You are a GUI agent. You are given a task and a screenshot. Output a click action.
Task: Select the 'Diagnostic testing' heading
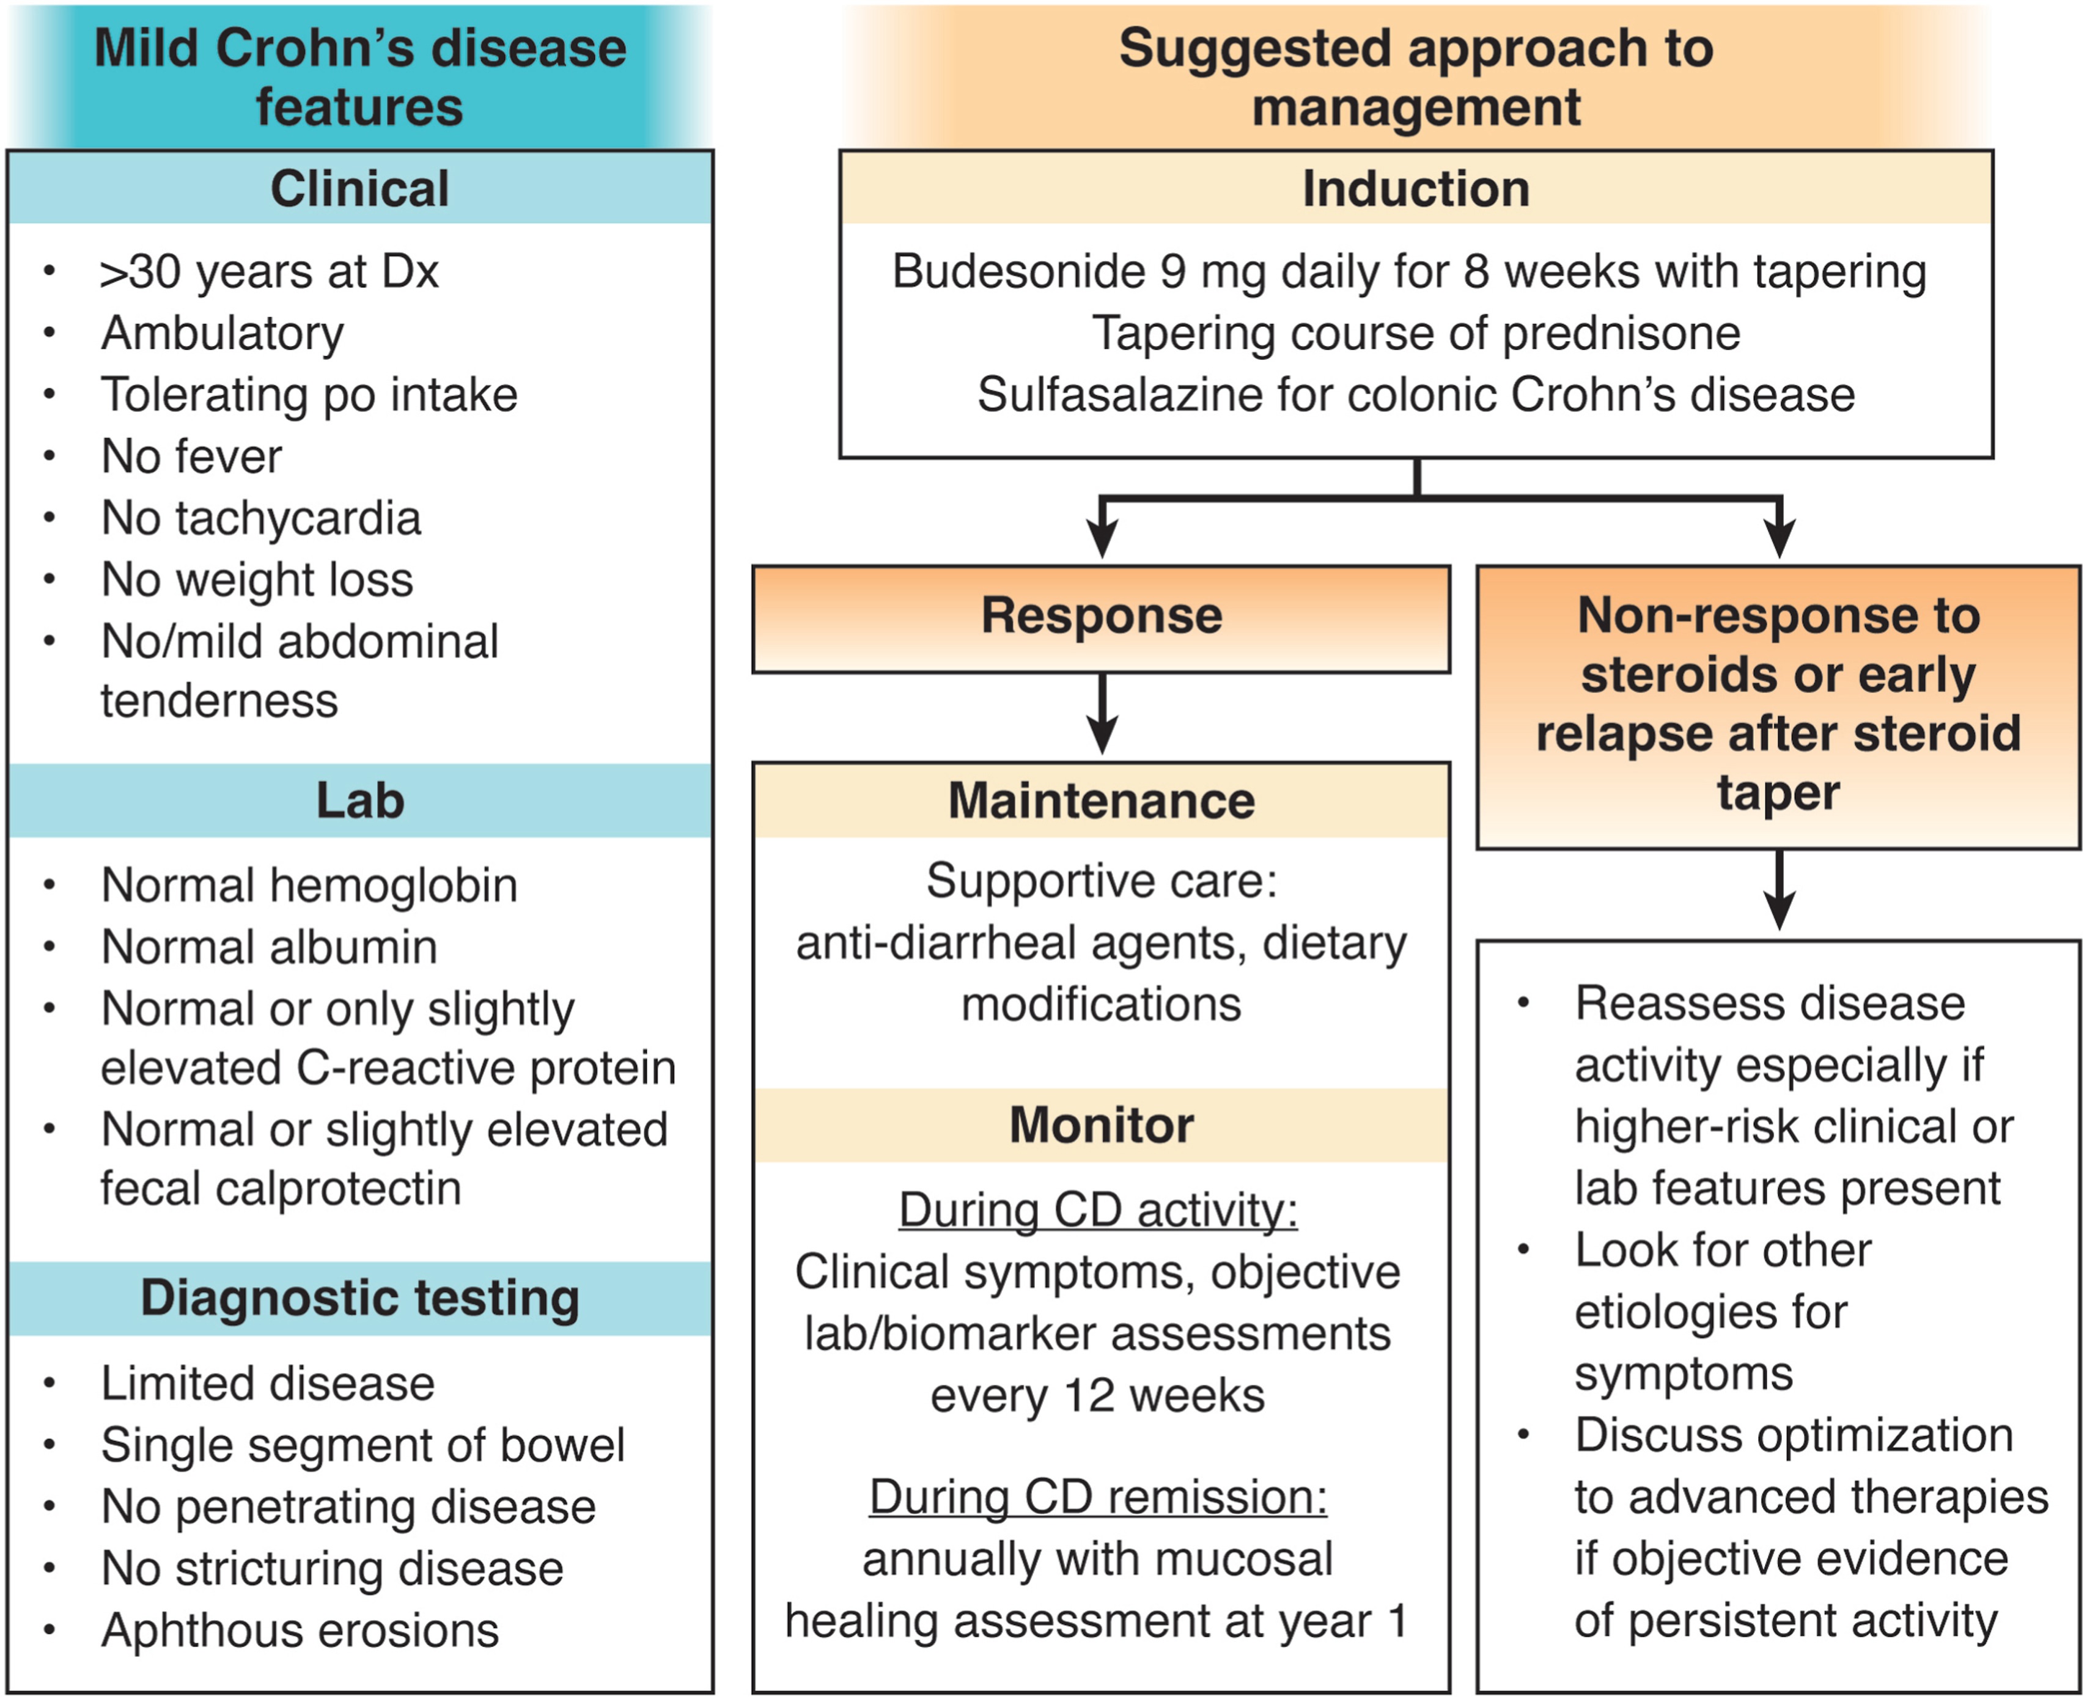[x=359, y=1299]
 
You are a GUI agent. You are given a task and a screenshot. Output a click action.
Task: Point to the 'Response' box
[x=1101, y=618]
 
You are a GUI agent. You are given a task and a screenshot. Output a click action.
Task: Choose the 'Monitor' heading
[x=1101, y=1125]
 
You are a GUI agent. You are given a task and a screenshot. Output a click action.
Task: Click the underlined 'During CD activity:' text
[x=1099, y=1211]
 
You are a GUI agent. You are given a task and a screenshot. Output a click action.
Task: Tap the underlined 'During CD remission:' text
[x=1099, y=1497]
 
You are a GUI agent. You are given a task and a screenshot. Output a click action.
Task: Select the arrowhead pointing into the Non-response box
[x=1780, y=539]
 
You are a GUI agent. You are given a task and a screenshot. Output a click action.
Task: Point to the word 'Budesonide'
[x=1018, y=271]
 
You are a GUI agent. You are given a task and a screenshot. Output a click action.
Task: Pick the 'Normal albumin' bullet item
[x=269, y=947]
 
